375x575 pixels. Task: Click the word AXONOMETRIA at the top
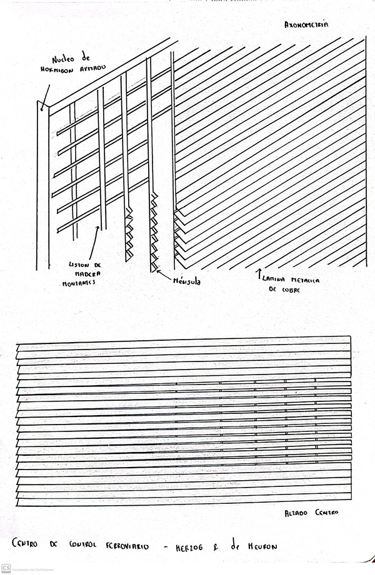coord(306,26)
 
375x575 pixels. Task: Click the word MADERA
coord(82,274)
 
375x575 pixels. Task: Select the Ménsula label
coord(187,282)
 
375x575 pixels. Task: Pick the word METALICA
coord(307,282)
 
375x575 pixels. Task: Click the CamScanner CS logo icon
coord(6,568)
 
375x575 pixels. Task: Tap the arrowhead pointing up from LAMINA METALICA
coord(259,273)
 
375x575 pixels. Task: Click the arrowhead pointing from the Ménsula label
coord(157,271)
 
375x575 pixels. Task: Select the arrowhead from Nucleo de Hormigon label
coord(42,109)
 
